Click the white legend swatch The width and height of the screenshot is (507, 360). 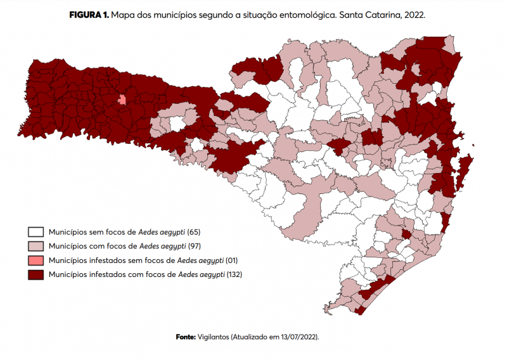coord(35,232)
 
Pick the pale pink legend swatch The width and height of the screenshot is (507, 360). coord(35,246)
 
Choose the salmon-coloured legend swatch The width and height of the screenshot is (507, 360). coord(35,260)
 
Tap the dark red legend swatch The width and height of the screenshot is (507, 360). coord(35,274)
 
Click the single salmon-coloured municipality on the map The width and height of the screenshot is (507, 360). coord(122,100)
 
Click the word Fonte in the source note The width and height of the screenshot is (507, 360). coord(185,337)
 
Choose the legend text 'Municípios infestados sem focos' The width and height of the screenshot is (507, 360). coord(112,260)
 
